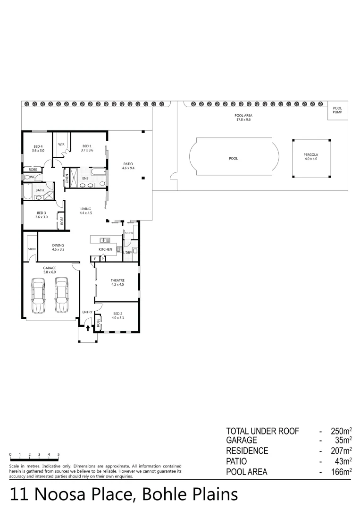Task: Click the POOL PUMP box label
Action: pos(337,110)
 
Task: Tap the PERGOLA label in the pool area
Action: pos(310,156)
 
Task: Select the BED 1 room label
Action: pos(87,148)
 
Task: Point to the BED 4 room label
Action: pos(38,148)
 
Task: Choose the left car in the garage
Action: pos(39,296)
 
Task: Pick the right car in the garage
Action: pos(61,296)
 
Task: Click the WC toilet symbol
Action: pos(29,178)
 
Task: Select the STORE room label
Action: pos(32,248)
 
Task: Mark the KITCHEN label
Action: pos(105,249)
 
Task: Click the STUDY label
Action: pos(129,233)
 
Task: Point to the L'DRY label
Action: pos(127,253)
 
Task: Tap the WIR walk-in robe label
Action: pos(61,144)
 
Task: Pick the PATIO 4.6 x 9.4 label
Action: pos(128,166)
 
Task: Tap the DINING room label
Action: pos(58,247)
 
